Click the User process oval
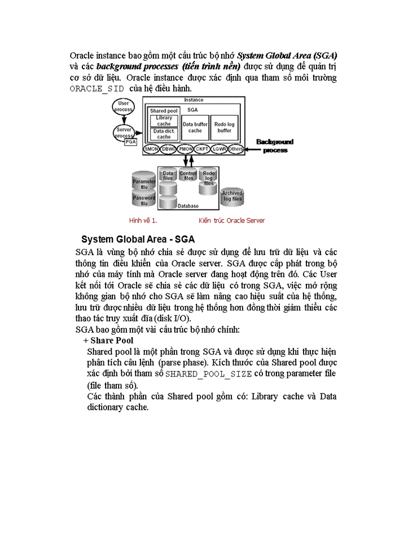(123, 106)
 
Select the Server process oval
(124, 133)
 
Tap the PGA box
(130, 142)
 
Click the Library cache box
(164, 121)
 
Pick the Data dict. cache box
(164, 134)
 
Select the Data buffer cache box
(195, 128)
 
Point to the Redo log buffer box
(224, 128)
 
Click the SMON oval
(151, 149)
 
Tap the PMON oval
(186, 149)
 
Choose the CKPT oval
(203, 149)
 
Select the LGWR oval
(220, 149)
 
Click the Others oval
(236, 149)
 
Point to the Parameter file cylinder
(143, 184)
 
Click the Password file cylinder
(143, 200)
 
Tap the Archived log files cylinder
(232, 196)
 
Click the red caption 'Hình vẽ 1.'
(143, 220)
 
